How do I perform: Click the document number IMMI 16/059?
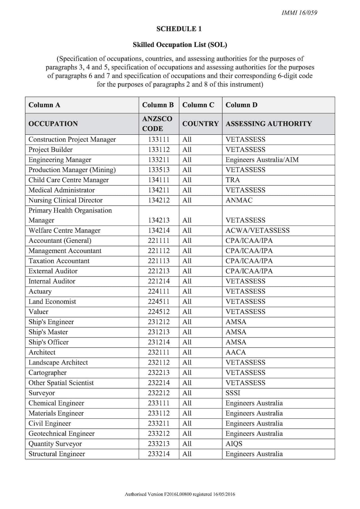(x=299, y=13)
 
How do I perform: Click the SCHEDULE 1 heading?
(x=179, y=29)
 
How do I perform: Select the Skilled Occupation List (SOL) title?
(x=180, y=45)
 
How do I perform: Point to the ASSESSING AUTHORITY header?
(x=269, y=124)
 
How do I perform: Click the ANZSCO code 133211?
(x=159, y=160)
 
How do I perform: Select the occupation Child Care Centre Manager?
(x=68, y=180)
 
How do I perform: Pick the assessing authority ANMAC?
(x=239, y=200)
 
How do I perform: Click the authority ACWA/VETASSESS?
(x=257, y=230)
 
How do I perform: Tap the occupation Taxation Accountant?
(x=59, y=261)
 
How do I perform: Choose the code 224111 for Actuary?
(x=159, y=291)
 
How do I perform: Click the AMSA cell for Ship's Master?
(x=236, y=332)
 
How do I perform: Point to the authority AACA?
(x=235, y=352)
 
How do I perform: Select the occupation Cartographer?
(x=48, y=373)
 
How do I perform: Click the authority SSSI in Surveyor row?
(x=233, y=393)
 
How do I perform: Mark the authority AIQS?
(x=234, y=444)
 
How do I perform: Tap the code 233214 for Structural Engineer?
(x=159, y=454)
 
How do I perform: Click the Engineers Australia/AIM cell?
(x=262, y=160)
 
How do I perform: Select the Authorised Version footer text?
(x=180, y=494)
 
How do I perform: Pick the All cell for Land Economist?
(x=187, y=302)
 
